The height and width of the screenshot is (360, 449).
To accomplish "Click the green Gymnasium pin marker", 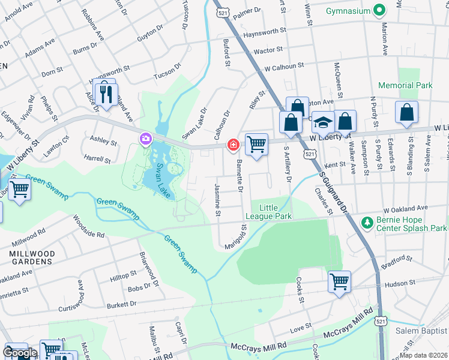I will tap(379, 10).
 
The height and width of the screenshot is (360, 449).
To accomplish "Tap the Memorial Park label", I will tap(405, 86).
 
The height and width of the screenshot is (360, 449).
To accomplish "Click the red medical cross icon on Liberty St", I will tap(233, 145).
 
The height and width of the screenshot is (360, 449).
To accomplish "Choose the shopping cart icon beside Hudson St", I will tap(339, 281).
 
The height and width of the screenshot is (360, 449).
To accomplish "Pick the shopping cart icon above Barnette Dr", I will tap(256, 144).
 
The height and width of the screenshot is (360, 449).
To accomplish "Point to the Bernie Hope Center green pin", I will tap(367, 223).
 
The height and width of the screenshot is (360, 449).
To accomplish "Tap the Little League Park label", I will tap(268, 212).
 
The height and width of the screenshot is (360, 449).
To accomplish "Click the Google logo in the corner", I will tap(19, 352).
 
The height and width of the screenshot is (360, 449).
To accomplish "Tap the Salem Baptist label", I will tap(421, 331).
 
